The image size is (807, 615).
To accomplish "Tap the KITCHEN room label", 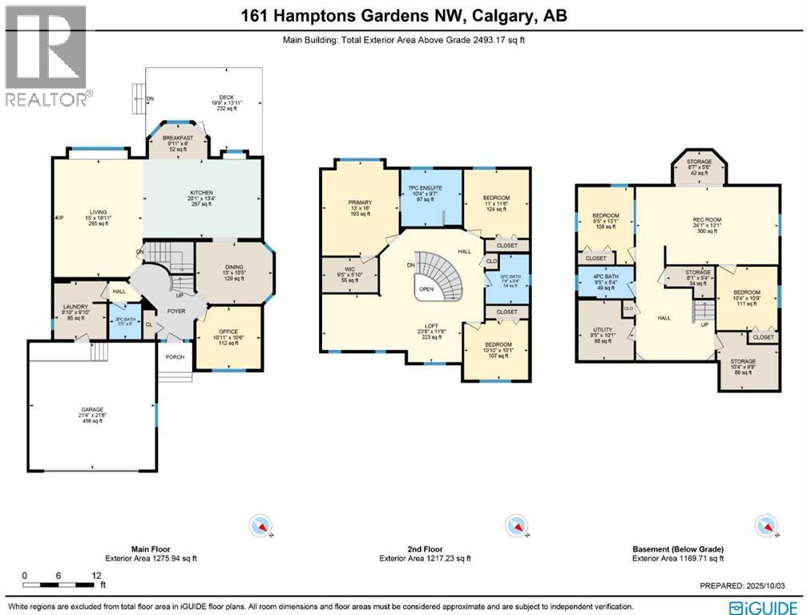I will coord(200,193).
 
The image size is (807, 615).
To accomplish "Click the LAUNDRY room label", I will coord(75,307).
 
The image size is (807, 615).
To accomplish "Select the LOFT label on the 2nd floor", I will coord(431,327).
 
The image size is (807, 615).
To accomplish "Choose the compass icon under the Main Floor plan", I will coord(262,526).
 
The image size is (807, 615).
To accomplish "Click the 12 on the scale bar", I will coord(96,576).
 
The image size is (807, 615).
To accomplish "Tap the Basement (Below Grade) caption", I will coord(678,550).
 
